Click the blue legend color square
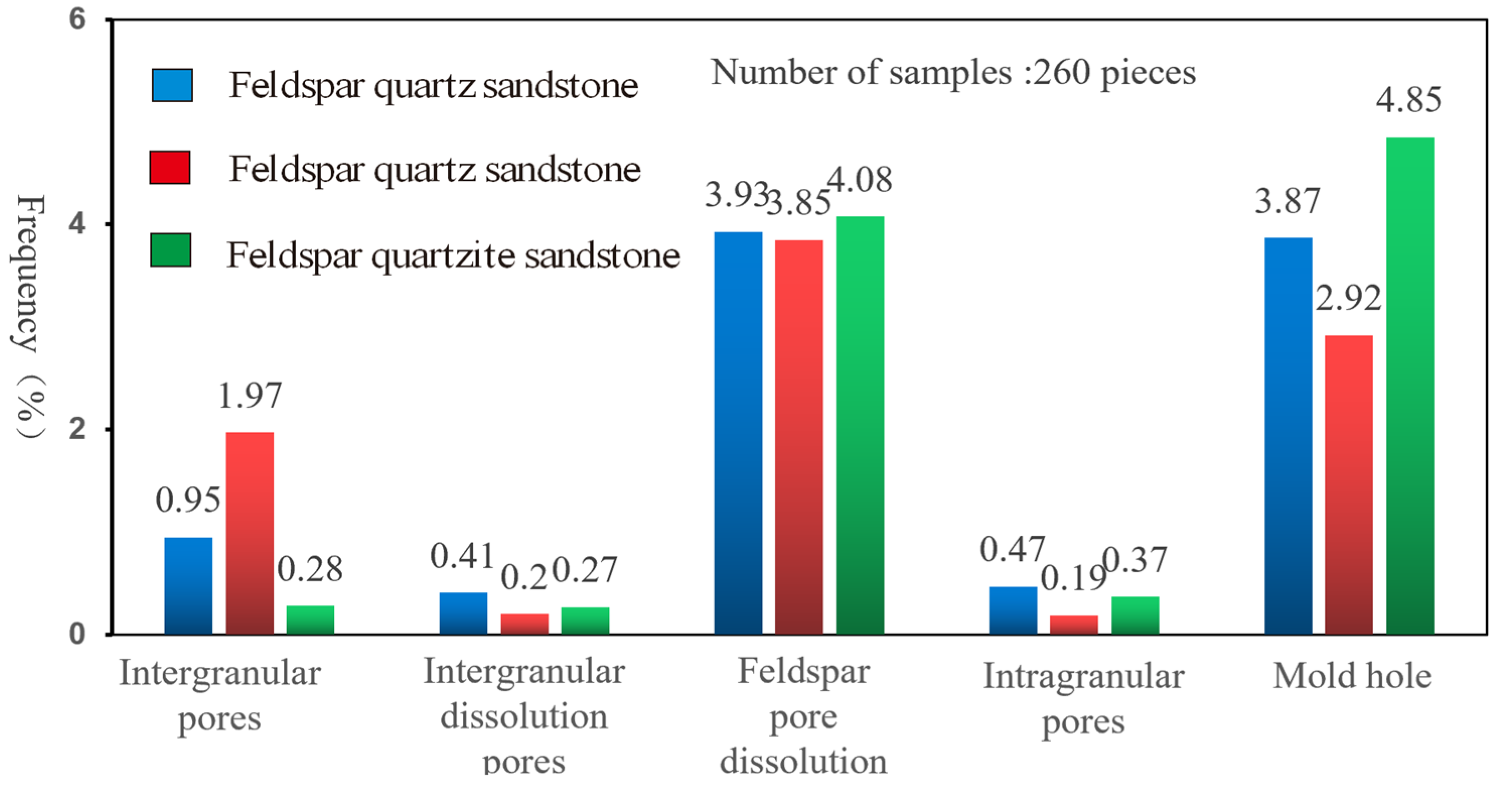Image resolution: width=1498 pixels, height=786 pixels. [172, 86]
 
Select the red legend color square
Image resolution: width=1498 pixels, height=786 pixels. [170, 168]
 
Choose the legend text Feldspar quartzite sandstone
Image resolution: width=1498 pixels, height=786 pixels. [453, 255]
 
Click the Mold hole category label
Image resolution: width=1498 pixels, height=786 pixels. [1352, 677]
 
